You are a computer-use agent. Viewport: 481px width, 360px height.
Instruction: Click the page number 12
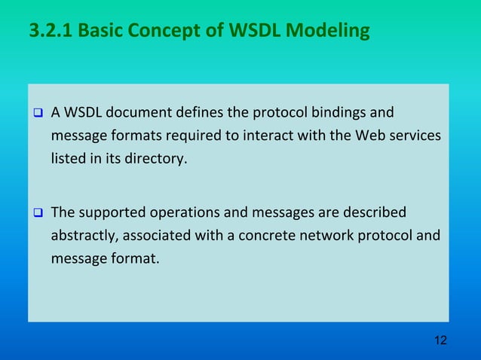(x=440, y=340)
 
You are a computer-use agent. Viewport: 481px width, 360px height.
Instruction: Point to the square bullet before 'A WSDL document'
(x=36, y=114)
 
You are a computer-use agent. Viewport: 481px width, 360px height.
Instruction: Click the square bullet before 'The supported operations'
(x=36, y=213)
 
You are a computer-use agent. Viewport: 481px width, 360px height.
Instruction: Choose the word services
(x=414, y=137)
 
